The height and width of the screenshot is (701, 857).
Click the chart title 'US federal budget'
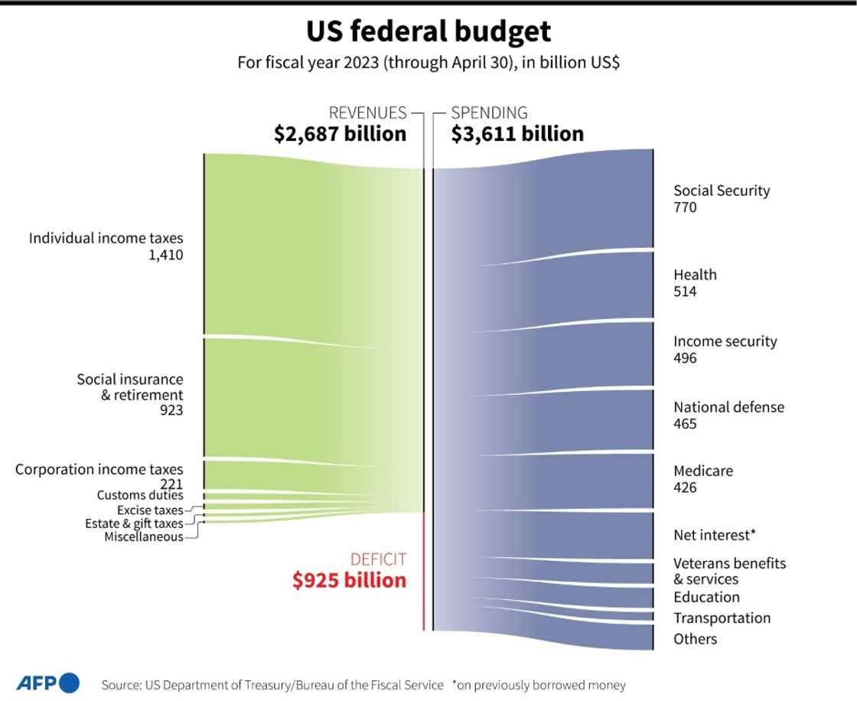(x=428, y=32)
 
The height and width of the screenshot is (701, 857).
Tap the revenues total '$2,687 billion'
(x=340, y=134)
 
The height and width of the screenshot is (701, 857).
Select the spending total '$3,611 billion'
(x=517, y=134)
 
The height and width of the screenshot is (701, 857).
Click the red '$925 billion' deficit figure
(x=349, y=580)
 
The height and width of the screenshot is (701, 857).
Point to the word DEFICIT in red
(x=378, y=559)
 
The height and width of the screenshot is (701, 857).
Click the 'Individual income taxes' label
(x=106, y=239)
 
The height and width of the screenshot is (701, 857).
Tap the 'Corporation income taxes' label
(x=99, y=469)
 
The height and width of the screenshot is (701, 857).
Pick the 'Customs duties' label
(x=140, y=495)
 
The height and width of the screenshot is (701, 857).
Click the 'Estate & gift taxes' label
(x=134, y=523)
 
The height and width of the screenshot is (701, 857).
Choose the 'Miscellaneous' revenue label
(x=144, y=536)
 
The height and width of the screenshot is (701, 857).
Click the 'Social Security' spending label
(x=722, y=191)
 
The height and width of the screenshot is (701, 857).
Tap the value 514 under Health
(x=685, y=292)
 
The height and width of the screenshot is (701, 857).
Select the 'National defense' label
(x=728, y=407)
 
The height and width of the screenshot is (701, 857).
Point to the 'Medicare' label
(x=702, y=471)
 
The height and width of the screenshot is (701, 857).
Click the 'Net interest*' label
(x=715, y=535)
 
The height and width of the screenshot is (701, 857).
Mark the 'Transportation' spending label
(x=722, y=618)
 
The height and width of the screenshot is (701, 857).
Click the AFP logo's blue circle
(x=69, y=683)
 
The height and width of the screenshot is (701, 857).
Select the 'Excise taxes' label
(x=150, y=510)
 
